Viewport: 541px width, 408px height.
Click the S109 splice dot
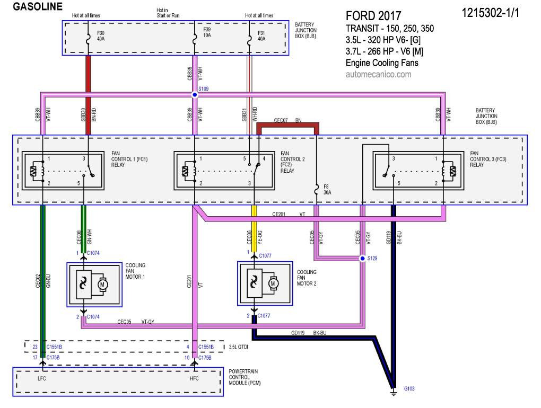[x=195, y=94]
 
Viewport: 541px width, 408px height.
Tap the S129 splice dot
[x=362, y=259]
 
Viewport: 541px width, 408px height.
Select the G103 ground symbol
[x=394, y=392]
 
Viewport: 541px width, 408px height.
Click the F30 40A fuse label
[x=101, y=36]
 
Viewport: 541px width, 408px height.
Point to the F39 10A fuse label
[x=207, y=32]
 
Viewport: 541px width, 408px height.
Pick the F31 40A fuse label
[x=261, y=36]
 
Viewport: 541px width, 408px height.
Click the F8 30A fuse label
[x=327, y=190]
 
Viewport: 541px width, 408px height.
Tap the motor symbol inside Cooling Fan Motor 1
[x=102, y=285]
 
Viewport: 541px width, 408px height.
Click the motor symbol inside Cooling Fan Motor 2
[x=273, y=283]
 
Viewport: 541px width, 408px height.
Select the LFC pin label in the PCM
[x=42, y=378]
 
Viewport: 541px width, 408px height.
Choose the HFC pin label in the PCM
[x=194, y=378]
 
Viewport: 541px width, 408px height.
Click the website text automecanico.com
[x=379, y=74]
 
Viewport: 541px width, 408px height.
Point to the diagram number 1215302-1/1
[x=490, y=13]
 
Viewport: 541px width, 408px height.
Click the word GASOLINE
[x=38, y=6]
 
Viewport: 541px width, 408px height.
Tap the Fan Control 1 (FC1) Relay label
[x=129, y=159]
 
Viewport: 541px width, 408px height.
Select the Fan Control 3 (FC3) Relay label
[x=488, y=159]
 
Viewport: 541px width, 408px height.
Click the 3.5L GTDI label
[x=239, y=347]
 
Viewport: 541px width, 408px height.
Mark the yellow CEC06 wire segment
[x=254, y=228]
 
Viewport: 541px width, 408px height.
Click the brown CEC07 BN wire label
[x=288, y=120]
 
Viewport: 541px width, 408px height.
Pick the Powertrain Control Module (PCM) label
[x=245, y=377]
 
